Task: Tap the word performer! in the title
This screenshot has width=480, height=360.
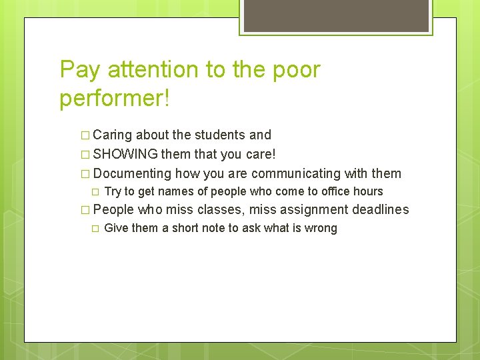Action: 115,98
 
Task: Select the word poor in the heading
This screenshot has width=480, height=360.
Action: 293,69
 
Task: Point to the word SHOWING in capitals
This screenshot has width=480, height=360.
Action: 125,155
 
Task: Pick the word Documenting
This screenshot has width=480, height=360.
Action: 132,174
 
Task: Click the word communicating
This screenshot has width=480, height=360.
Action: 296,174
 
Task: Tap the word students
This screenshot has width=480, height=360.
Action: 219,135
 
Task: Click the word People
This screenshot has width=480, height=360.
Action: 113,210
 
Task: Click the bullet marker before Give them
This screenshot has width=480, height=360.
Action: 95,229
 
